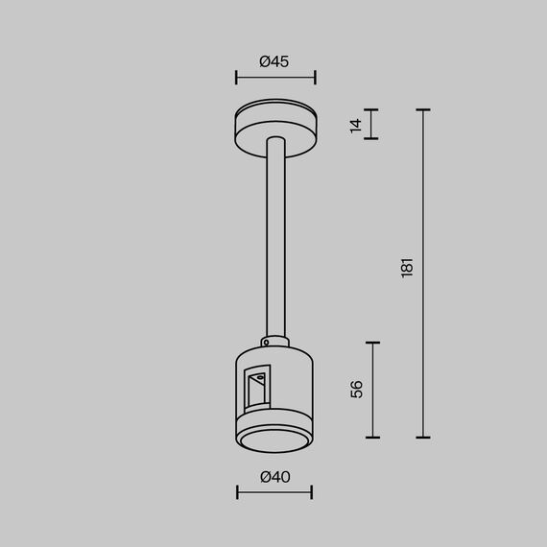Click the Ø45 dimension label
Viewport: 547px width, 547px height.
[x=274, y=61]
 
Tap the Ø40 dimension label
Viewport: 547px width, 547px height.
[x=274, y=477]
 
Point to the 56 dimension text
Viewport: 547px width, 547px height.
[x=357, y=389]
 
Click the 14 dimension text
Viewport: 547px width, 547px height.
[x=357, y=124]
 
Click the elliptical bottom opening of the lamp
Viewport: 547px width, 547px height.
[x=274, y=440]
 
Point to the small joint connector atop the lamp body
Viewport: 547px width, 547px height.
[x=274, y=341]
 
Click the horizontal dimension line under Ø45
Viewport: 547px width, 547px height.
[x=274, y=78]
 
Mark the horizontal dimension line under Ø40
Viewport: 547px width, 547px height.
[x=274, y=492]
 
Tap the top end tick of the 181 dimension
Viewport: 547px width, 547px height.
[x=422, y=110]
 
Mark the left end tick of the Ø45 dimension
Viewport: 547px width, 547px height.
[x=236, y=78]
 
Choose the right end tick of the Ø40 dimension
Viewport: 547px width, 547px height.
[x=312, y=492]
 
